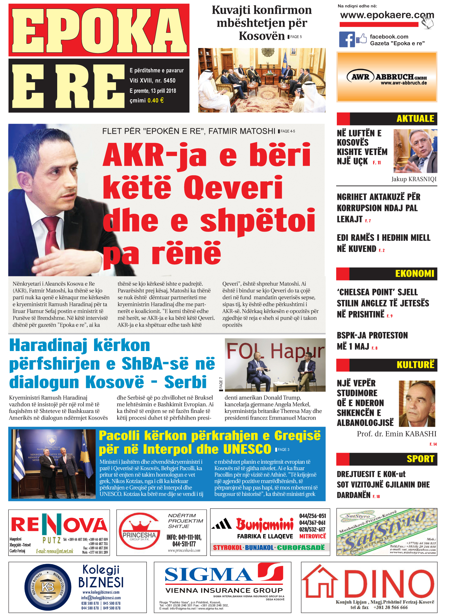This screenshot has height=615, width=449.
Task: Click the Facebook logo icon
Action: (x=347, y=40)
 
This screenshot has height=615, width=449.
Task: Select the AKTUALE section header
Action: (x=415, y=118)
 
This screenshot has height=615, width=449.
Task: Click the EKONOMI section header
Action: (x=414, y=274)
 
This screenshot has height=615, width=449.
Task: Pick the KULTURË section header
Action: (x=415, y=365)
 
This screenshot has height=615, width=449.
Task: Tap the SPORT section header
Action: (x=420, y=459)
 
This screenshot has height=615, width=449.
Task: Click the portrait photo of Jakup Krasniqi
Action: (x=415, y=151)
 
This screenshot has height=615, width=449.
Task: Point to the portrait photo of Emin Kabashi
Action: (x=417, y=403)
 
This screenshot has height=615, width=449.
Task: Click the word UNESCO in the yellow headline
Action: (x=247, y=449)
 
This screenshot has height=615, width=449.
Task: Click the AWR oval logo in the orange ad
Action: (x=360, y=77)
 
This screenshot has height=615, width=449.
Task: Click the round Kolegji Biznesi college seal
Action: (x=48, y=587)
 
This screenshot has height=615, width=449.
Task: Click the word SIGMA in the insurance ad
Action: (x=208, y=575)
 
